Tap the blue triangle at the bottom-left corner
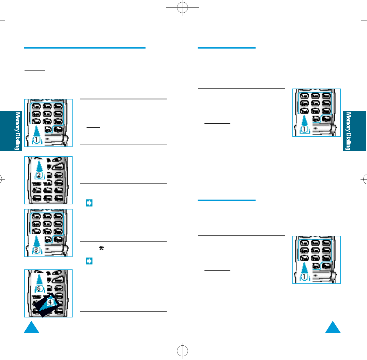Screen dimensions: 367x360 point(32,327)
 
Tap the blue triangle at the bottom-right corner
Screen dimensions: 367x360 point(333,327)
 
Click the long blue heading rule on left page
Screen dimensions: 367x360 point(85,48)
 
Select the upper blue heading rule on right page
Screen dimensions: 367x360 point(226,48)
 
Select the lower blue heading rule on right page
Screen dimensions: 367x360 point(226,200)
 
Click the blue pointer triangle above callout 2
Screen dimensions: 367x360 point(40,167)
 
